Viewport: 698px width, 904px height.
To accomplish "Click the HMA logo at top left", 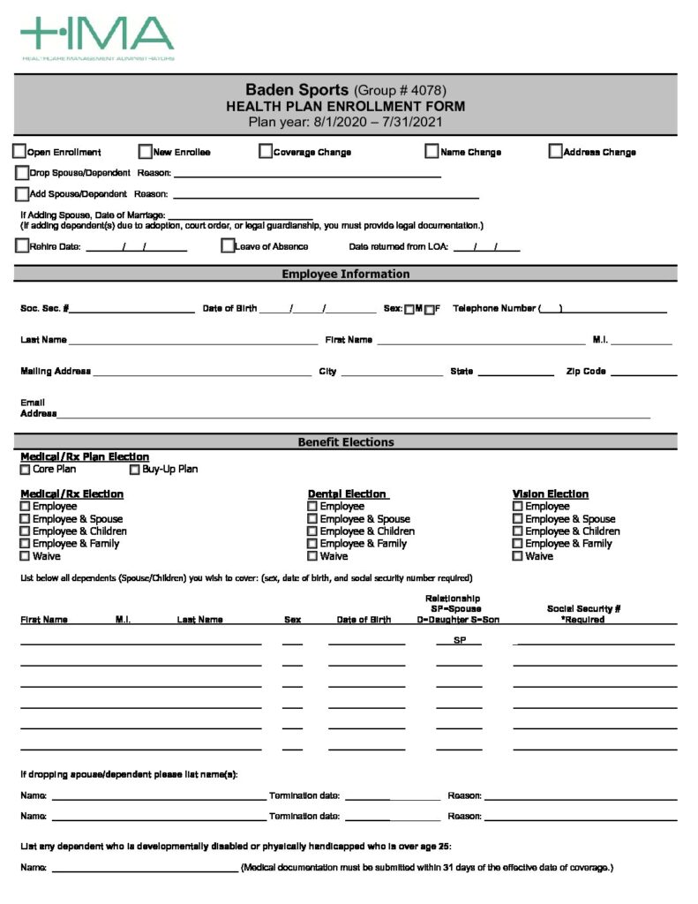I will coord(97,37).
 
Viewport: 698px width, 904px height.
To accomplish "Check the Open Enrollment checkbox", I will coord(19,152).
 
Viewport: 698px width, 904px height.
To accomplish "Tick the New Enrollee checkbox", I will coord(146,152).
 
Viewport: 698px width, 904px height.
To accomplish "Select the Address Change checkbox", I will coord(555,152).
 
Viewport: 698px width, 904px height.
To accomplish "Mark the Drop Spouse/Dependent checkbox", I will coord(22,173).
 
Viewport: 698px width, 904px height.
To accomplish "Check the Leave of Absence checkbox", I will coord(228,246).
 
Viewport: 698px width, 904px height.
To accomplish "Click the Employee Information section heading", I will coord(346,275).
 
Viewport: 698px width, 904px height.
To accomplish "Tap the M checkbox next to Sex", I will coord(409,309).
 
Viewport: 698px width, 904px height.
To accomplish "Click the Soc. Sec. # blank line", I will coord(132,309).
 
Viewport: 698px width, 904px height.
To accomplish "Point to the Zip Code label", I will coord(585,372).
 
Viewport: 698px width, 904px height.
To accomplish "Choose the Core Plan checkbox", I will coord(26,470).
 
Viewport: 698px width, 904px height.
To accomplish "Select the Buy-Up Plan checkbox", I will coord(135,470).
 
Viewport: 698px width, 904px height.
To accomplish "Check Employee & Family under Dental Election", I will coord(312,544).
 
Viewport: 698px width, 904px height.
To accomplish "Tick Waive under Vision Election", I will coord(518,556).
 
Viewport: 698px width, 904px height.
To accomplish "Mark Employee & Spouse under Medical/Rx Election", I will coord(26,519).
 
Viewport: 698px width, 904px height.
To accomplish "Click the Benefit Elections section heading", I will coord(346,442).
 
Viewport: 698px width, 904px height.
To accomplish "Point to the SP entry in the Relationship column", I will coord(460,640).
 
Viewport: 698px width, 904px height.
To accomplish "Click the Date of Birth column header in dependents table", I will coord(364,620).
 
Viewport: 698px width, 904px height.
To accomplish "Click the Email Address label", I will coord(38,408).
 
